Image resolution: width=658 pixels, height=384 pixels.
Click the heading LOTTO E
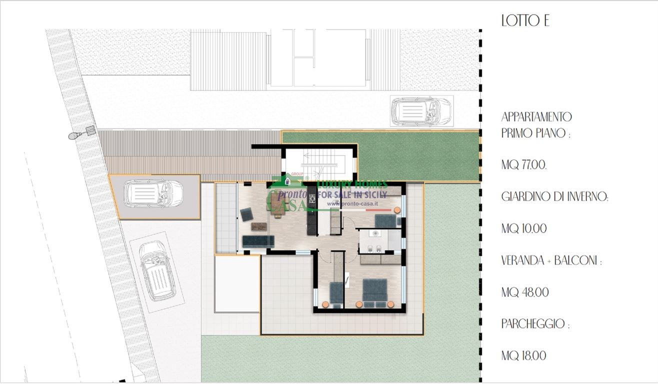click(x=525, y=20)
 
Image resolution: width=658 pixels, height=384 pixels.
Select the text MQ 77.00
click(x=524, y=165)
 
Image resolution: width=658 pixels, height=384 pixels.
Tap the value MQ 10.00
click(x=524, y=228)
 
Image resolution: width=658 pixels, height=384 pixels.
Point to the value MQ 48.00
click(x=525, y=292)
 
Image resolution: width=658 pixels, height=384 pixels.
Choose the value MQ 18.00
click(x=524, y=355)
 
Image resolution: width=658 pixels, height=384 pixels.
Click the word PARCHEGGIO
click(x=533, y=324)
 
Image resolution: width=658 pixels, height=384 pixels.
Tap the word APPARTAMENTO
click(x=536, y=117)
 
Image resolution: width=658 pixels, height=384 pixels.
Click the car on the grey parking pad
click(x=153, y=193)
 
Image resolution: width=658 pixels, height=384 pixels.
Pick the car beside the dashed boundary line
click(x=421, y=111)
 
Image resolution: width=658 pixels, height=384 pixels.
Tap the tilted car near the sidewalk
click(x=157, y=270)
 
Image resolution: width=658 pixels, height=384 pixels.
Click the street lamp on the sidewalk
click(x=82, y=132)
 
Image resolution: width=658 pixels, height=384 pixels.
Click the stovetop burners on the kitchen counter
click(x=311, y=199)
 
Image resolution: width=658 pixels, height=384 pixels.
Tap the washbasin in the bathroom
click(x=375, y=233)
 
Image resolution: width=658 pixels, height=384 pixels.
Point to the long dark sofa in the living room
click(x=258, y=241)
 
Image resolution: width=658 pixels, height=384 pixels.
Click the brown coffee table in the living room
click(x=259, y=226)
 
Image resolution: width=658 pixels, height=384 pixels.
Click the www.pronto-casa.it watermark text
click(x=352, y=203)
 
